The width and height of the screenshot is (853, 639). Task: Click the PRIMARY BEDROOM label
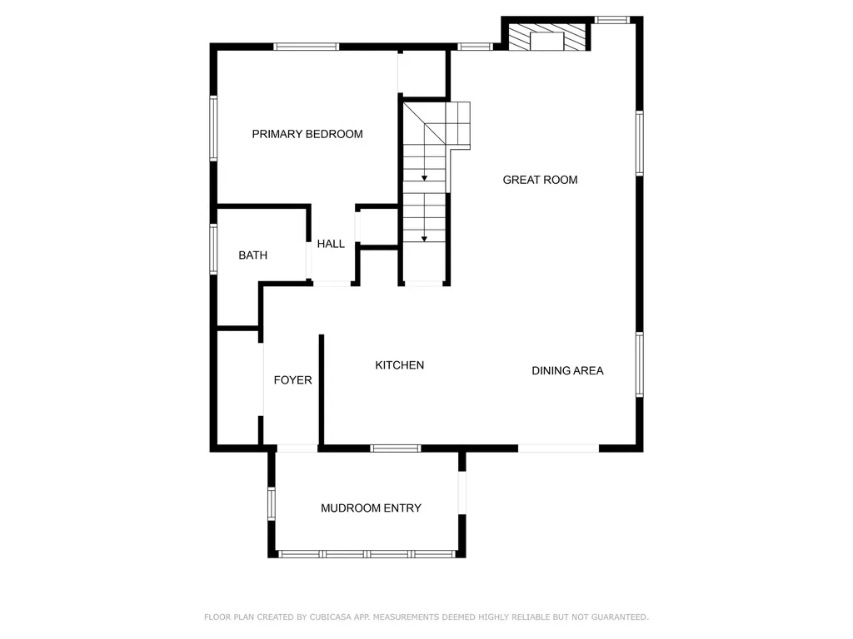coord(307,134)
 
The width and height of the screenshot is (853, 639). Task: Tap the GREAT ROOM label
coord(540,180)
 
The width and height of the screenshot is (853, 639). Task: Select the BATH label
coord(253,255)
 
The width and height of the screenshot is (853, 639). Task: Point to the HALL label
coord(331,244)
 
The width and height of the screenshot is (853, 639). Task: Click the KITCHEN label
coord(400,365)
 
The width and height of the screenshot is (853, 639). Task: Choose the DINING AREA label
coord(567,370)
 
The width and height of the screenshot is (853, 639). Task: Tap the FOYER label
coord(293,380)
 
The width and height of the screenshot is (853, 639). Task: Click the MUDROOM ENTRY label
coord(371,508)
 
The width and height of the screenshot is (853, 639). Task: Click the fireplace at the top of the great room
coord(547,37)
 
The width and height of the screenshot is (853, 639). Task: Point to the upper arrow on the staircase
coord(425,176)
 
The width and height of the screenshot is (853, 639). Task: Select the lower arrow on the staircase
coord(425,239)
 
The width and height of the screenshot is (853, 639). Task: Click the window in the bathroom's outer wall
coord(213,249)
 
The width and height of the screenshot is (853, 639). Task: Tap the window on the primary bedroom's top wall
coord(307,47)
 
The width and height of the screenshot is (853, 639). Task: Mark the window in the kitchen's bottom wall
coord(396,448)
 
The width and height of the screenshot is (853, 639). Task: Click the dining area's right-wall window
coord(640,364)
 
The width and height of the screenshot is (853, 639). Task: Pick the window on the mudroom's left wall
coord(272,503)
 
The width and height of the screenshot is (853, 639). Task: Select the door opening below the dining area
coord(558,448)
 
